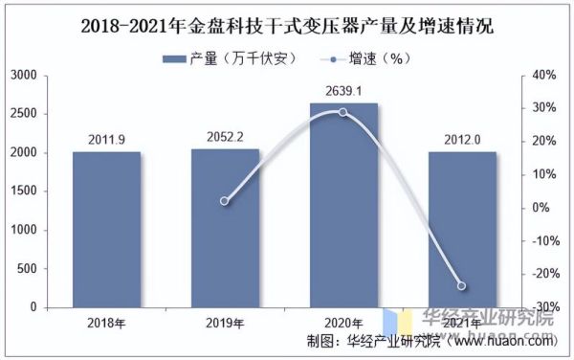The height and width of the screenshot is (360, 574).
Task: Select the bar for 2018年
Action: pos(106,230)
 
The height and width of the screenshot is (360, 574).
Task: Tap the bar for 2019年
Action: pos(225,229)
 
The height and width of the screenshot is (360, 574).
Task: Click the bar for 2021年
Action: pos(462,230)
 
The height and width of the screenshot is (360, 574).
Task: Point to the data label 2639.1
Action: pos(343,93)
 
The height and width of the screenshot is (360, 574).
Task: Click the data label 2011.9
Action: pos(106,142)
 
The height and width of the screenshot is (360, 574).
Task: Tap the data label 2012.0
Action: pos(462,142)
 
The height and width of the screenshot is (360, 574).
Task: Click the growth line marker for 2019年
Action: pos(225,201)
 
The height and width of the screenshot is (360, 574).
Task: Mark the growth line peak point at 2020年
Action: pos(343,112)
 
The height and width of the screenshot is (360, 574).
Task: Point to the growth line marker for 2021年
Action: pos(462,286)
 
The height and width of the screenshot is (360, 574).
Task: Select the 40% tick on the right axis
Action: pos(541,75)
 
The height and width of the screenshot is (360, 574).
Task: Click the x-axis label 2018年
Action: pos(106,322)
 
